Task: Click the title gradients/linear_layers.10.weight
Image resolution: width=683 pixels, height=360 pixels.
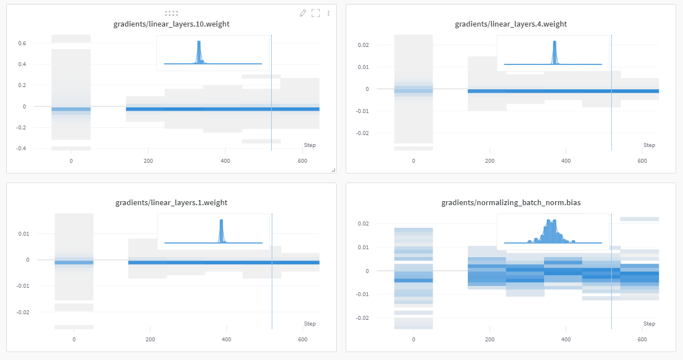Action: pos(171,24)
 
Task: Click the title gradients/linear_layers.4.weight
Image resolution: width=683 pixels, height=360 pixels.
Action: pos(511,24)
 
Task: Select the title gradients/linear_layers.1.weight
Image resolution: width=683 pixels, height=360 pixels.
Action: pos(171,202)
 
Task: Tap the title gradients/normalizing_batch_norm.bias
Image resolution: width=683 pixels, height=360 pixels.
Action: pos(511,202)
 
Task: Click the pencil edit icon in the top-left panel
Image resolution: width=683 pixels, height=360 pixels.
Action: pos(303,13)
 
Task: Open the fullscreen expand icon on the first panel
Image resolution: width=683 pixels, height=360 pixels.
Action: pos(316,13)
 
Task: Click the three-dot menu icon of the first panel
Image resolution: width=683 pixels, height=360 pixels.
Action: pos(328,13)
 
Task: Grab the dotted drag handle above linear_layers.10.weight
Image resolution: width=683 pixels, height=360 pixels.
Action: pos(171,12)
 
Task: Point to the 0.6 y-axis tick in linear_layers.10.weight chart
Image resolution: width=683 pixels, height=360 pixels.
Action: pos(21,43)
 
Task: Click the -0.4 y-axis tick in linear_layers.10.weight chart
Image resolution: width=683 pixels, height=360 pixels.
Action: pos(20,149)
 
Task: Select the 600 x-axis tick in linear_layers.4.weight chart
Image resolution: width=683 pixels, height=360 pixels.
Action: pos(642,161)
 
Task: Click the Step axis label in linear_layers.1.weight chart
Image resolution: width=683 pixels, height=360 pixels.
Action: pos(310,324)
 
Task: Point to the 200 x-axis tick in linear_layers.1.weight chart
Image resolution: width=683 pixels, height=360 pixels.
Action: pos(150,340)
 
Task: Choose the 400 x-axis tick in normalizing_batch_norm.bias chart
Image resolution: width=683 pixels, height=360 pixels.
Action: pos(565,340)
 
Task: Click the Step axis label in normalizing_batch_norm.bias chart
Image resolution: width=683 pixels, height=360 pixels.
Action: pos(649,324)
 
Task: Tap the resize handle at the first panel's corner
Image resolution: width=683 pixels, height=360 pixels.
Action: pos(333,170)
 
